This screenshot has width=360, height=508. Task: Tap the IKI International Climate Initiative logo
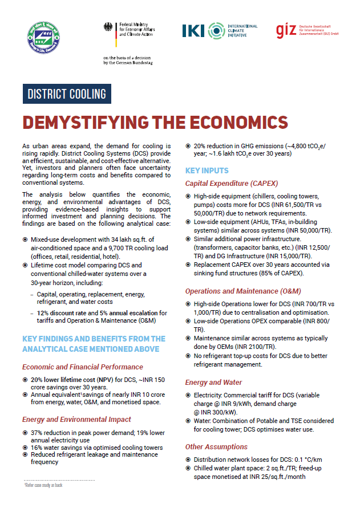coord(220,30)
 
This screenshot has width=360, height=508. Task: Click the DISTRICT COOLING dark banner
coord(67,94)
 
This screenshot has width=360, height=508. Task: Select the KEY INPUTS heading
coord(207,170)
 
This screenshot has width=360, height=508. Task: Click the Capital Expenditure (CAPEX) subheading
coord(232,184)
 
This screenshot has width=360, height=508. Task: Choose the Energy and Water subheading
coord(213,382)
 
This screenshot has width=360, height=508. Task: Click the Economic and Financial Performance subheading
coord(83,367)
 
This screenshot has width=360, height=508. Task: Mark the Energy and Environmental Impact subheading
coord(77,420)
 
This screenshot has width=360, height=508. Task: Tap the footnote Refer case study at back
coord(43,485)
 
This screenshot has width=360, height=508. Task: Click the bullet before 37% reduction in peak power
coord(25,433)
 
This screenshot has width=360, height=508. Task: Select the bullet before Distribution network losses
coord(188,460)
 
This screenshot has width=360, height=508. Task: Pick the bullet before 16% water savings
coord(25,448)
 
